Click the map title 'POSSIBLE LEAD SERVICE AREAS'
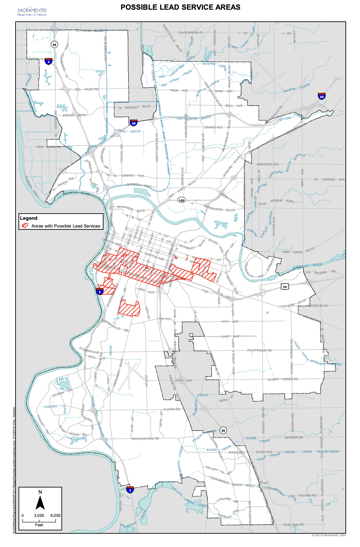tap(180, 7)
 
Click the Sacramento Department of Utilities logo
tap(32, 12)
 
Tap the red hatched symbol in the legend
tap(25, 226)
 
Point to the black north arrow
tap(40, 501)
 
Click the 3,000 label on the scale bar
tap(39, 516)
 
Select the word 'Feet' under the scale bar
tap(39, 525)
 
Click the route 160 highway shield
tap(182, 200)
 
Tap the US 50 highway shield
tap(285, 287)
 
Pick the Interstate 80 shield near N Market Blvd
tap(134, 123)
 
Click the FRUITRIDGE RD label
tap(259, 350)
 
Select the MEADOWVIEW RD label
tap(145, 439)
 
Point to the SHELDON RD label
tap(293, 525)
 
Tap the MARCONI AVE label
tap(267, 164)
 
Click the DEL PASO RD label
tap(86, 89)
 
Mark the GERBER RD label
tap(294, 437)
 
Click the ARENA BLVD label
tap(74, 115)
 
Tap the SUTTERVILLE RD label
tap(115, 325)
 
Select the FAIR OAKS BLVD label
tap(298, 251)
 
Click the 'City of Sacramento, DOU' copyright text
tap(328, 535)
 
